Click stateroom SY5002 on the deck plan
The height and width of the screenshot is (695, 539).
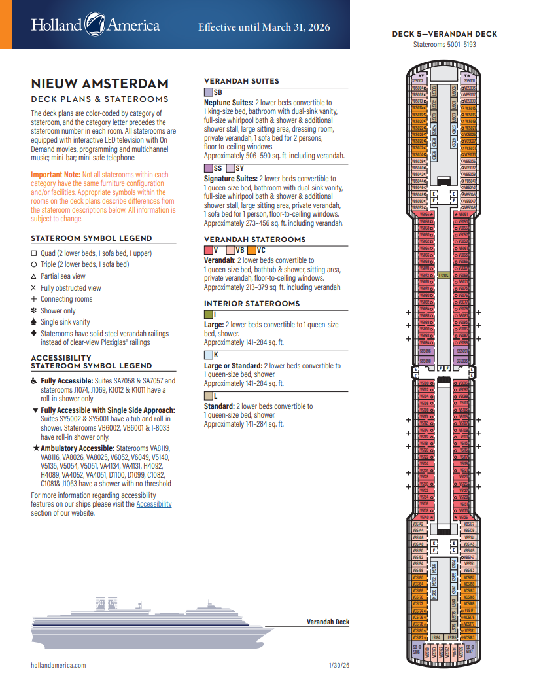pos(417,80)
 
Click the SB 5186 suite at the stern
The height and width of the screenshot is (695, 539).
pos(416,649)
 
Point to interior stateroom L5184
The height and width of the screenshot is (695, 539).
pos(436,637)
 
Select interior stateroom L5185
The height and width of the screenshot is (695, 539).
pos(451,637)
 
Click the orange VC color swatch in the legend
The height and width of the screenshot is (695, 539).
pos(251,250)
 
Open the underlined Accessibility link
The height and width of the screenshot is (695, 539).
pos(154,504)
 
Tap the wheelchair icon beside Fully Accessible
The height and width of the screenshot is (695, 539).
pos(35,380)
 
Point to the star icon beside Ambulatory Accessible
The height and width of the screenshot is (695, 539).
pos(35,448)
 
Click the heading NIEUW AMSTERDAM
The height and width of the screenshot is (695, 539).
pos(99,84)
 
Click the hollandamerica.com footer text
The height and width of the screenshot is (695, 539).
pos(59,666)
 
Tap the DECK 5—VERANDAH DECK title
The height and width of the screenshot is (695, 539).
pos(444,34)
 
